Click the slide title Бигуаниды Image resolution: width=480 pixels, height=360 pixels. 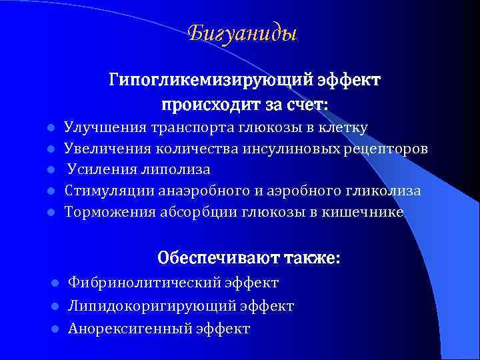243,33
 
